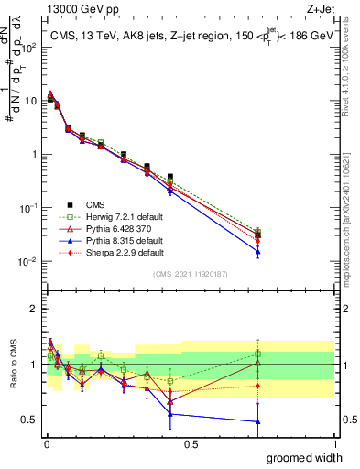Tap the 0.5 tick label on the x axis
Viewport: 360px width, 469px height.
point(191,444)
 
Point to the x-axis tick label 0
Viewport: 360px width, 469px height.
point(46,444)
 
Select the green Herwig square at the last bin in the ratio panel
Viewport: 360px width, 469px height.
point(258,354)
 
